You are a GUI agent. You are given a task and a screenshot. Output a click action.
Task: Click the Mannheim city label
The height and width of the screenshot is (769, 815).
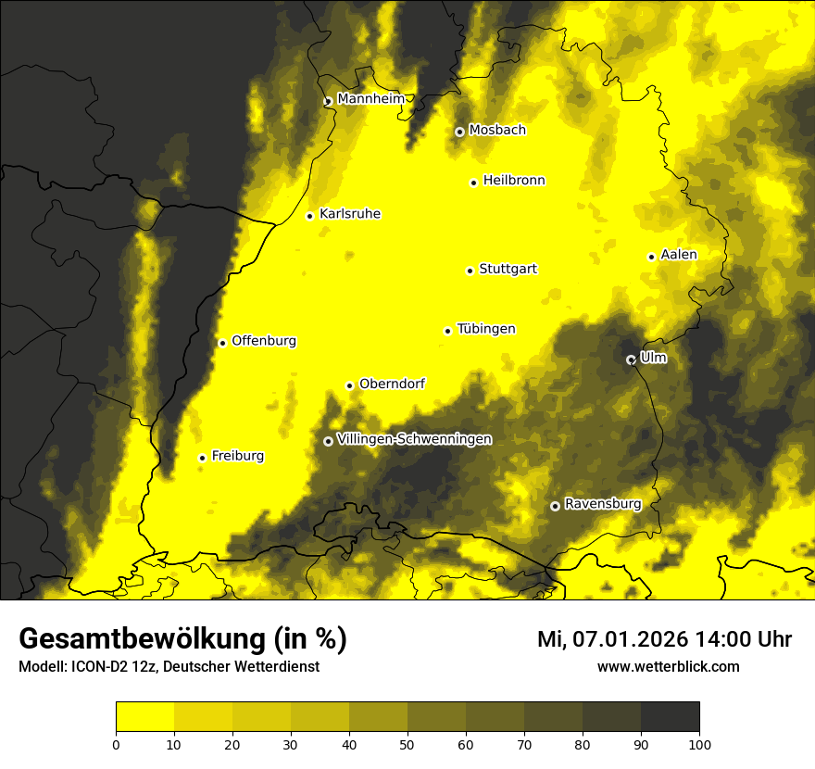coord(370,98)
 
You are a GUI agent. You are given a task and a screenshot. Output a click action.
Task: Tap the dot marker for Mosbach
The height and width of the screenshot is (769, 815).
coord(459,132)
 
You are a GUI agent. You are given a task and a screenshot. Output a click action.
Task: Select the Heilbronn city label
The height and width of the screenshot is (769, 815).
coord(514,181)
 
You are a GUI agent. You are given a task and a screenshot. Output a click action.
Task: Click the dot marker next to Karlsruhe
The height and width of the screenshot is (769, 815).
coord(310,216)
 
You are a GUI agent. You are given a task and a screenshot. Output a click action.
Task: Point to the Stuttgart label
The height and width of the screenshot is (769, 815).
coord(508,269)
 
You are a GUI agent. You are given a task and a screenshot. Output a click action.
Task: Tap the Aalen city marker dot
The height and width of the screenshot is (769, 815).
coord(651,257)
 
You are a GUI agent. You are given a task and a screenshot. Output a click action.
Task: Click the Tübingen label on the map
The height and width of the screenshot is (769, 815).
coord(486,329)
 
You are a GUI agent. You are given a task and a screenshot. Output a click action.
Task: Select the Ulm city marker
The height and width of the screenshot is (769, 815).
coord(631,359)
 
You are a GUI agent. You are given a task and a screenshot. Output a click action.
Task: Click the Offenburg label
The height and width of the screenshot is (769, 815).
coord(264,341)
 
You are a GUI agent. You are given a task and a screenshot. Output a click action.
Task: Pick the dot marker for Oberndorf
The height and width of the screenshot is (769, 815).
coord(349,385)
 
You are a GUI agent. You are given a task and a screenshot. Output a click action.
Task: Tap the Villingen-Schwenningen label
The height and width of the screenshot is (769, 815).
coord(414,439)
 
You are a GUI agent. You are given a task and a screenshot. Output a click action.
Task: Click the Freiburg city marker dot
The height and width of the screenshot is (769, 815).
coord(202,458)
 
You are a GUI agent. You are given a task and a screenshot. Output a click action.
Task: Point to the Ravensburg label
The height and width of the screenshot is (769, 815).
coord(602,504)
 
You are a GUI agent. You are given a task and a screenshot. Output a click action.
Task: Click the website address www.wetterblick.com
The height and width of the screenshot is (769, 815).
coord(668,666)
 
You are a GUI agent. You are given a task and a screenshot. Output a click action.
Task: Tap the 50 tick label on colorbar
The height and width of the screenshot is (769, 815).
coord(407,744)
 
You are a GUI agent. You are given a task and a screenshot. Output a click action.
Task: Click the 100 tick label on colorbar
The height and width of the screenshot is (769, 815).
coord(699,744)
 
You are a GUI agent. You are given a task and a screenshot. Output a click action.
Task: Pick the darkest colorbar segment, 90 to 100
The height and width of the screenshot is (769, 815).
coord(670,716)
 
